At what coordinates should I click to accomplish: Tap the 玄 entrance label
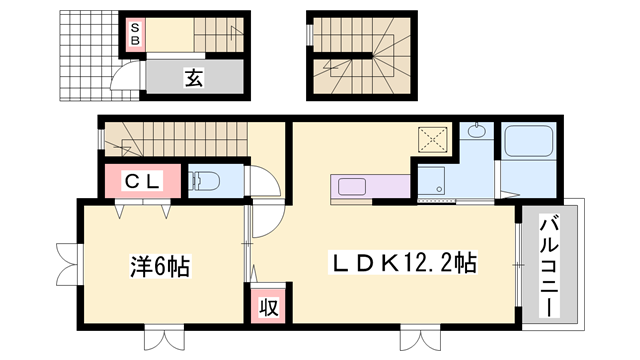coord(194,77)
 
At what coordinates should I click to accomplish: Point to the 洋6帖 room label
coord(160,267)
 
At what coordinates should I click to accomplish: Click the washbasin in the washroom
coord(474,132)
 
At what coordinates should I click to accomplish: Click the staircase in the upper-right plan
coord(360,55)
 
